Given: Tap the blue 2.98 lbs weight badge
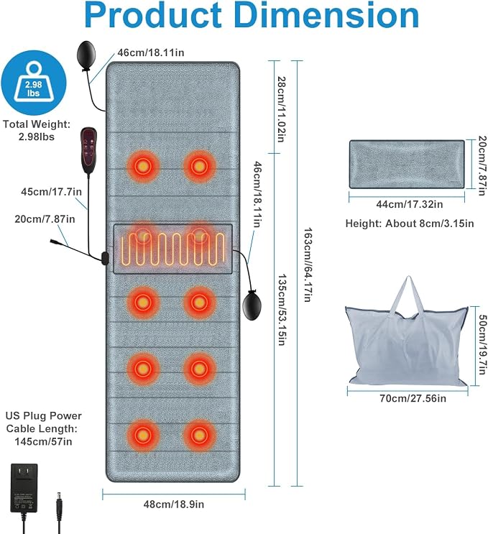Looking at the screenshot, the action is click(x=33, y=83).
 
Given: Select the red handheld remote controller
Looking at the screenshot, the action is click(x=89, y=150).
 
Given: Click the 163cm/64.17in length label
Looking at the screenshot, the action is click(x=308, y=264).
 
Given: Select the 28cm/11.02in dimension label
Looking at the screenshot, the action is click(x=281, y=109).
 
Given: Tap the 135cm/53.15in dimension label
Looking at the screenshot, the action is click(x=281, y=310).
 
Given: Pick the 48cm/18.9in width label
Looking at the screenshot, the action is click(x=174, y=504).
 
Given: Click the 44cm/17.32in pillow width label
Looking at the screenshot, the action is click(x=410, y=204).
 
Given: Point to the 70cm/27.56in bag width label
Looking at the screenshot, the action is click(x=413, y=398).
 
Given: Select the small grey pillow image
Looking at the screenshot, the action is click(x=407, y=164).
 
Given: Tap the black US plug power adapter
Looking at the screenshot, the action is click(x=24, y=489).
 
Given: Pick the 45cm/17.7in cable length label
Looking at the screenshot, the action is click(x=52, y=192).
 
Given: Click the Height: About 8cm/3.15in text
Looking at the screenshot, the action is click(x=410, y=224).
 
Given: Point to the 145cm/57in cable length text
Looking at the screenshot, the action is click(x=43, y=442).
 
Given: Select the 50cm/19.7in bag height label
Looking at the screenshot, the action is click(x=482, y=344).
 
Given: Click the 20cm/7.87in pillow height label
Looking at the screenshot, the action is click(x=482, y=166).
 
